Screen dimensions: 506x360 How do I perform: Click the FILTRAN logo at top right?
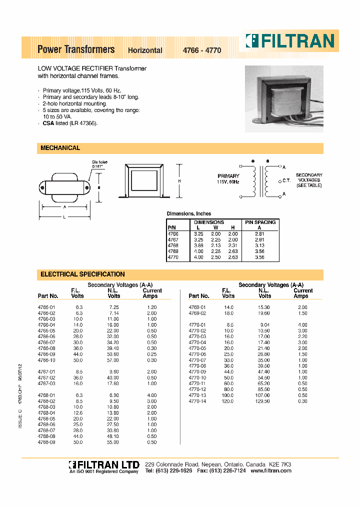coord(289,40)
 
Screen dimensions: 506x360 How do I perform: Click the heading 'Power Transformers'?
coord(76,49)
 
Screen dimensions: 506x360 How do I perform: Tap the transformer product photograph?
coord(283,99)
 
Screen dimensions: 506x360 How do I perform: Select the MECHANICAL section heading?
coord(60,148)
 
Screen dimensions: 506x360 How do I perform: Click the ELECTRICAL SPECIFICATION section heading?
coord(82,274)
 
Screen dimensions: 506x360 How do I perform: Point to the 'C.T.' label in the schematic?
coord(286,180)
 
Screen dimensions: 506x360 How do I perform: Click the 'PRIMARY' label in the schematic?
coord(228,176)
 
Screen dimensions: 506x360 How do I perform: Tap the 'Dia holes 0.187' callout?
coord(99,164)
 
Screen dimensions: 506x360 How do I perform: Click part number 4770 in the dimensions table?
coord(172,257)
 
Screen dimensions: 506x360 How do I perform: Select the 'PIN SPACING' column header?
coord(259,222)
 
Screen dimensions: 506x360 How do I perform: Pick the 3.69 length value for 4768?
coord(198,245)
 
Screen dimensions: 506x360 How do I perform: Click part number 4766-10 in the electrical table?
coord(46,360)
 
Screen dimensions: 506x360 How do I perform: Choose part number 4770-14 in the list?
coord(197,401)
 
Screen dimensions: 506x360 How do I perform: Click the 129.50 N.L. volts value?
coord(263,401)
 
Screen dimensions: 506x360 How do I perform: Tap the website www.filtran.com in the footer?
coord(270,471)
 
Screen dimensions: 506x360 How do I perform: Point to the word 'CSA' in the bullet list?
coord(48,123)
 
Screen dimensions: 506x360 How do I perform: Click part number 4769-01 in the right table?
coord(197,307)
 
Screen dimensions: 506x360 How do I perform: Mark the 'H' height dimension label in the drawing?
coord(178,181)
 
